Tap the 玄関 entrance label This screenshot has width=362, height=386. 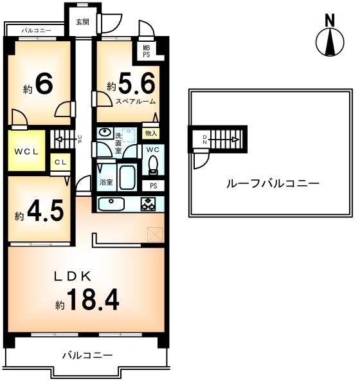coord(82,22)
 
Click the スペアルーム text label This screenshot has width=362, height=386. coord(136,102)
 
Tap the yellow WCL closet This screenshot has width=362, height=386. coord(27,152)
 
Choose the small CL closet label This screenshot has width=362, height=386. coord(60,163)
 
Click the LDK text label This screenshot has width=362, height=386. coord(75,276)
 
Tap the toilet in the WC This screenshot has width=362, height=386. coord(153,165)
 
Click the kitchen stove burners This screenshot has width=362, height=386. coord(149,205)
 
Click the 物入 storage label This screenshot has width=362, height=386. coord(151,133)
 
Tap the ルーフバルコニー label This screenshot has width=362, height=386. coord(272,183)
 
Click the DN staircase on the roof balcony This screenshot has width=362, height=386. coord(219,138)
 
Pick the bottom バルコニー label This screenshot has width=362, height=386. coord(87,355)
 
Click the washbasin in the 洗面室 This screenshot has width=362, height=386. coord(105,133)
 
